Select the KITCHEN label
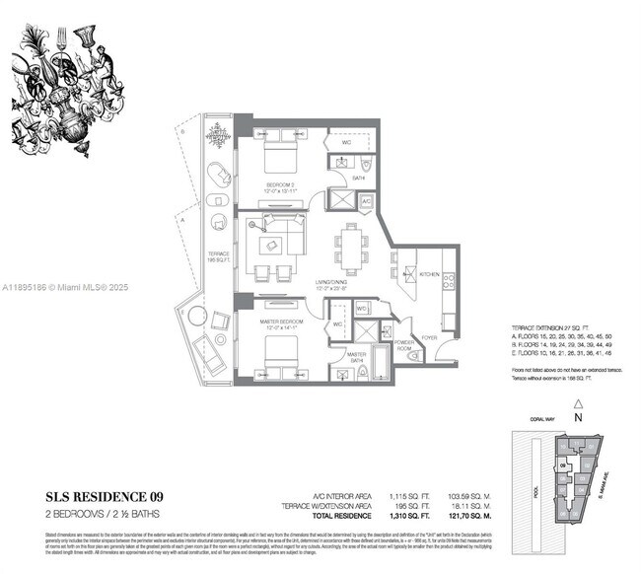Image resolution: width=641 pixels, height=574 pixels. point(429,273)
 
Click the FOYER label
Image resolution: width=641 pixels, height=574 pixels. point(430,337)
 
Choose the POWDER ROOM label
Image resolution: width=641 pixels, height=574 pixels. point(404,347)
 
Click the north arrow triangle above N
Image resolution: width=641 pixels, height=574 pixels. point(579,403)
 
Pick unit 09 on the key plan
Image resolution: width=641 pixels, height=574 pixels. point(561,465)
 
